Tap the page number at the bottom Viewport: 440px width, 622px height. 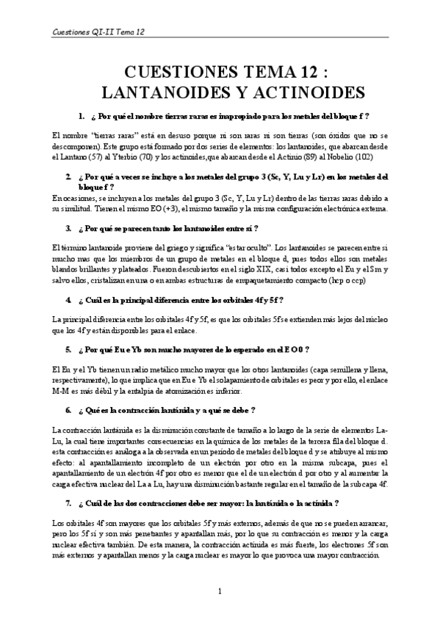(220, 590)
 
